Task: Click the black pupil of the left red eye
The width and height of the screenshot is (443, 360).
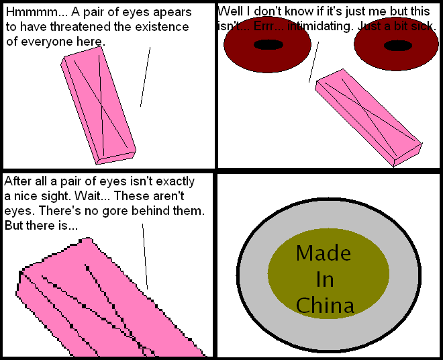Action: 268,45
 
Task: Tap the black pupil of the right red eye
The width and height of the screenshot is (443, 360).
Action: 398,46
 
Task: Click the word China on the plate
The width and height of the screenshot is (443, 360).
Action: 325,305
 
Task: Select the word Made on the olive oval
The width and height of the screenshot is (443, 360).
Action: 324,253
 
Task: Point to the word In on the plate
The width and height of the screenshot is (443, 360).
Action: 325,279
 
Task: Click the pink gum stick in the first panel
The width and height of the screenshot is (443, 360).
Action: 98,105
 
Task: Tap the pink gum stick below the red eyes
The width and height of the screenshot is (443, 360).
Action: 368,118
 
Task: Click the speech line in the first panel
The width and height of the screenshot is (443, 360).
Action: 145,77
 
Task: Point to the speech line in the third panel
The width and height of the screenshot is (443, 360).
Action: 145,257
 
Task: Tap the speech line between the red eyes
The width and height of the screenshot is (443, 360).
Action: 313,62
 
